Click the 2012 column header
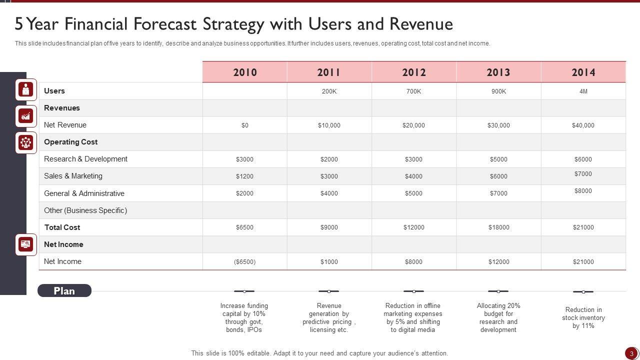pyautogui.click(x=414, y=72)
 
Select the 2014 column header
pyautogui.click(x=583, y=72)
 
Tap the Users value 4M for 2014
pyautogui.click(x=583, y=91)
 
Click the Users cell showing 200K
pyautogui.click(x=329, y=91)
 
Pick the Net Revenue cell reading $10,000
pyautogui.click(x=329, y=125)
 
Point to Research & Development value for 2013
pyautogui.click(x=498, y=159)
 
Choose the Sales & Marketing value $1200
pyautogui.click(x=244, y=176)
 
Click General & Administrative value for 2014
pyautogui.click(x=583, y=191)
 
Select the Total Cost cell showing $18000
pyautogui.click(x=498, y=227)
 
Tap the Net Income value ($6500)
pyautogui.click(x=244, y=262)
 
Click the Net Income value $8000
pyautogui.click(x=413, y=262)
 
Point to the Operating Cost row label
pyautogui.click(x=71, y=142)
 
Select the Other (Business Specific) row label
pyautogui.click(x=85, y=210)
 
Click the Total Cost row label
pyautogui.click(x=62, y=227)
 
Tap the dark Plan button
pyautogui.click(x=64, y=291)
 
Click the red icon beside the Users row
pyautogui.click(x=26, y=89)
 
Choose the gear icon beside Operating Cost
pyautogui.click(x=26, y=143)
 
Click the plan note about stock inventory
pyautogui.click(x=583, y=318)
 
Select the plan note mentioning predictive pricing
pyautogui.click(x=329, y=318)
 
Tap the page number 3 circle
pyautogui.click(x=631, y=353)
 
